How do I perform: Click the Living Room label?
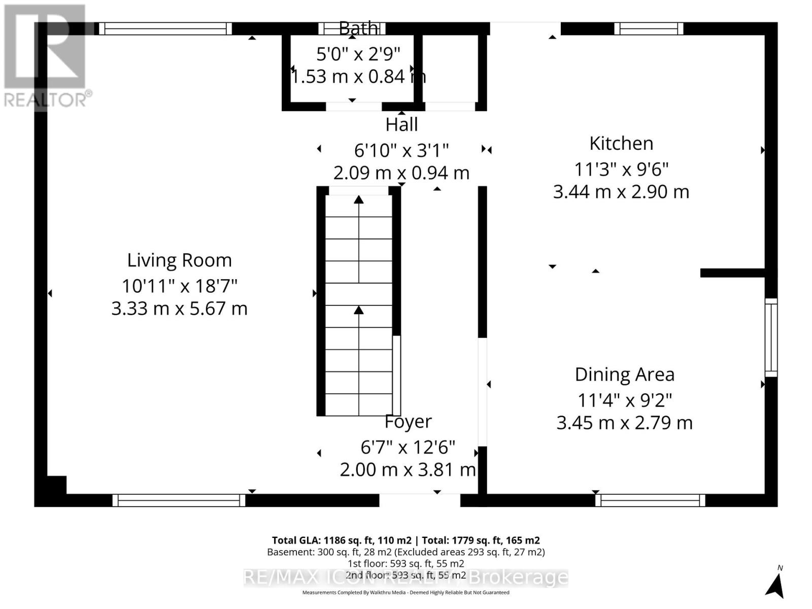click(179, 260)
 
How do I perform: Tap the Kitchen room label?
click(621, 144)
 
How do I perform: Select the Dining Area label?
click(624, 375)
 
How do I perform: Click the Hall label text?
click(401, 125)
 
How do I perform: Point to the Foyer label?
click(408, 422)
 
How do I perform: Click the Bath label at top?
click(358, 28)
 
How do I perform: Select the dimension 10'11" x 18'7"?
click(179, 286)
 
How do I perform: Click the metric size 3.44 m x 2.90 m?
click(621, 192)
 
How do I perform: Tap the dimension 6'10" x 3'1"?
click(401, 151)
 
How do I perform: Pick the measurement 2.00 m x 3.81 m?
click(408, 470)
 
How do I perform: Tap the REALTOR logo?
click(46, 56)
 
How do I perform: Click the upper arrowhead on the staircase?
click(359, 199)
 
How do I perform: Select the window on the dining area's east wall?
click(771, 337)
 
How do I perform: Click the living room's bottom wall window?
click(179, 500)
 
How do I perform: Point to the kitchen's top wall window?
click(649, 28)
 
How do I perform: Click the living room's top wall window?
click(165, 28)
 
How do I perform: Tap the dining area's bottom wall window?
click(650, 500)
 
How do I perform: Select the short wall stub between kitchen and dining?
click(732, 273)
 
